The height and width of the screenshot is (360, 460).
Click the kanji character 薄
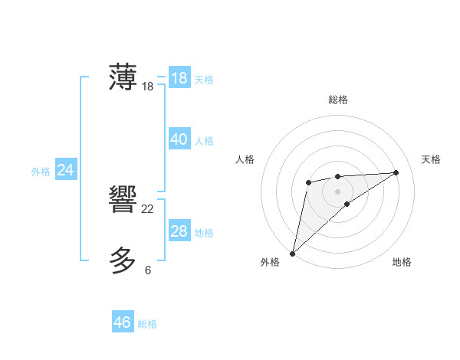[123, 78]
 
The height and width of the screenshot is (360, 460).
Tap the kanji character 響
[123, 201]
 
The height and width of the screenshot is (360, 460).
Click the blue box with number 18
[179, 78]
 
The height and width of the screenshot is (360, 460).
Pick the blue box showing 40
[179, 139]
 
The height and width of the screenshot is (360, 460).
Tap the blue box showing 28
[179, 231]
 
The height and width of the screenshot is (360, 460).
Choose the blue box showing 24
[65, 170]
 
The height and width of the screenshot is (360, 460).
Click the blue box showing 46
[123, 322]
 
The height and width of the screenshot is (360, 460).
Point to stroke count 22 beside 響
[148, 209]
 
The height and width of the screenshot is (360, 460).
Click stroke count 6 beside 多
[148, 270]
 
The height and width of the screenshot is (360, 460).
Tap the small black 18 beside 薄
[148, 87]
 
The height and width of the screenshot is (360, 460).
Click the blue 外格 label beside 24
[41, 172]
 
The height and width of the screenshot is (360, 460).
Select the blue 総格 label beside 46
[147, 324]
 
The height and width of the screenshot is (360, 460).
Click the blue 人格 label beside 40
[204, 141]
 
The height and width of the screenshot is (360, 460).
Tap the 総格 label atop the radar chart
[337, 100]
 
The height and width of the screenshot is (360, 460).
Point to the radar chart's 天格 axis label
[431, 159]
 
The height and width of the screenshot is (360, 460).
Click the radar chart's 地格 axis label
[402, 262]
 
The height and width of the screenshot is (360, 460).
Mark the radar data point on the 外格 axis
[292, 253]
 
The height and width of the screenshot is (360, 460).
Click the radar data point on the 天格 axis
[396, 172]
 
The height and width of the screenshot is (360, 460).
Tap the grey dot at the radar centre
[337, 191]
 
